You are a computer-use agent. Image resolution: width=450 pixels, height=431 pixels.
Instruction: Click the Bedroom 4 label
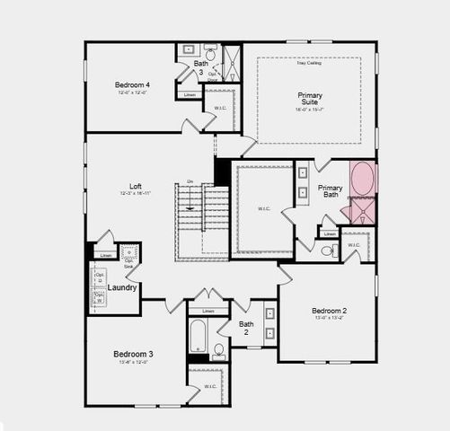coord(130,84)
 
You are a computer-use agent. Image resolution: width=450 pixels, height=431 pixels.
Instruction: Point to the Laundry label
coord(122,287)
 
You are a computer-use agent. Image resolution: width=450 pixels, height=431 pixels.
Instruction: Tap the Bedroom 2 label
coord(330,311)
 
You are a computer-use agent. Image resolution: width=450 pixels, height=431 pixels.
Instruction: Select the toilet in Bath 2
coord(218,349)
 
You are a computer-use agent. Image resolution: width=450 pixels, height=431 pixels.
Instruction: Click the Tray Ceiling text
coord(309,63)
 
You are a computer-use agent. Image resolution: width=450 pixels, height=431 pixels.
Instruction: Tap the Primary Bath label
coord(329,191)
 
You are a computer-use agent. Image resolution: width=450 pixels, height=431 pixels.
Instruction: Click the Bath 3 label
coord(200,68)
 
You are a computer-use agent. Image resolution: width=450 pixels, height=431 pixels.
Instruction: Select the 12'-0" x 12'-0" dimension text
coord(130,93)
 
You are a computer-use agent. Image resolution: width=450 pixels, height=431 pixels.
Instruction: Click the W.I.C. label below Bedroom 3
coord(210,387)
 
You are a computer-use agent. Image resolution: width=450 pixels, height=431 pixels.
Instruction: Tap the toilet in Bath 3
coord(210,54)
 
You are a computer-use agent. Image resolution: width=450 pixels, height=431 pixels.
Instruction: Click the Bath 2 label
coord(246,329)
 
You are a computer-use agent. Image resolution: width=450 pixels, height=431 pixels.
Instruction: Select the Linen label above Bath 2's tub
coord(207,311)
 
